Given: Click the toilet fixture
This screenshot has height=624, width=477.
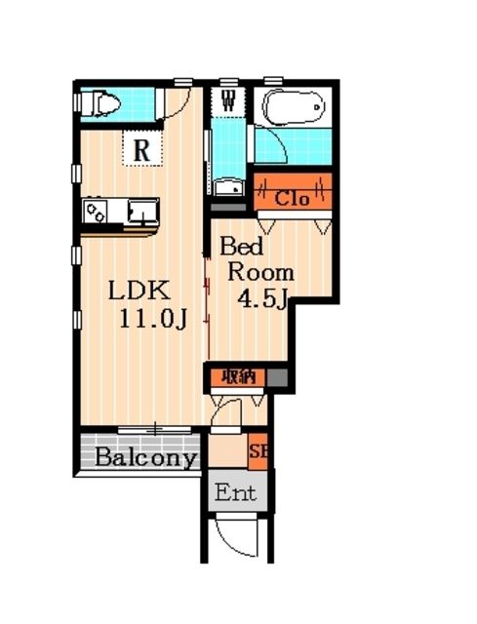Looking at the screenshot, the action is pyautogui.click(x=100, y=104).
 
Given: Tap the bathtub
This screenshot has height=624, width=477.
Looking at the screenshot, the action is pyautogui.click(x=293, y=106).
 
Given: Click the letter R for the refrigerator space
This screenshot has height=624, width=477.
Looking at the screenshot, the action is pyautogui.click(x=142, y=150).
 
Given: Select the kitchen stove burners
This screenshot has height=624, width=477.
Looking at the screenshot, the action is pyautogui.click(x=96, y=213).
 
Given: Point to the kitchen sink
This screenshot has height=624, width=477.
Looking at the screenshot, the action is pyautogui.click(x=142, y=212).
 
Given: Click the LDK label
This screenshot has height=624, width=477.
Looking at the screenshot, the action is pyautogui.click(x=140, y=291).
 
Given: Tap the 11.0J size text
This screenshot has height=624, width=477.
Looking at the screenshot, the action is pyautogui.click(x=153, y=319).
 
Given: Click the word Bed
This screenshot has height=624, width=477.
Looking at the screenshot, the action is pyautogui.click(x=241, y=246).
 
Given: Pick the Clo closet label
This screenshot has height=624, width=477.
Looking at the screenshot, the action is pyautogui.click(x=292, y=198).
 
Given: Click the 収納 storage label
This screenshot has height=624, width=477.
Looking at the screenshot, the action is pyautogui.click(x=238, y=376).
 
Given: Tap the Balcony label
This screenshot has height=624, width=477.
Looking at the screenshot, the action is pyautogui.click(x=146, y=457).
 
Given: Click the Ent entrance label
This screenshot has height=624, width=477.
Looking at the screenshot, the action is pyautogui.click(x=235, y=492).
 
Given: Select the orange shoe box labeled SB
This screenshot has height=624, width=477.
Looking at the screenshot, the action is pyautogui.click(x=258, y=451).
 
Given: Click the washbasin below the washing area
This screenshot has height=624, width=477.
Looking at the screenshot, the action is pyautogui.click(x=228, y=187).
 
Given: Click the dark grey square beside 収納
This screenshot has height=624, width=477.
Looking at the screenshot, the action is pyautogui.click(x=277, y=377).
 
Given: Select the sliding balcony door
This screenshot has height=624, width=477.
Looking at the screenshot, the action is pyautogui.click(x=155, y=430).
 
